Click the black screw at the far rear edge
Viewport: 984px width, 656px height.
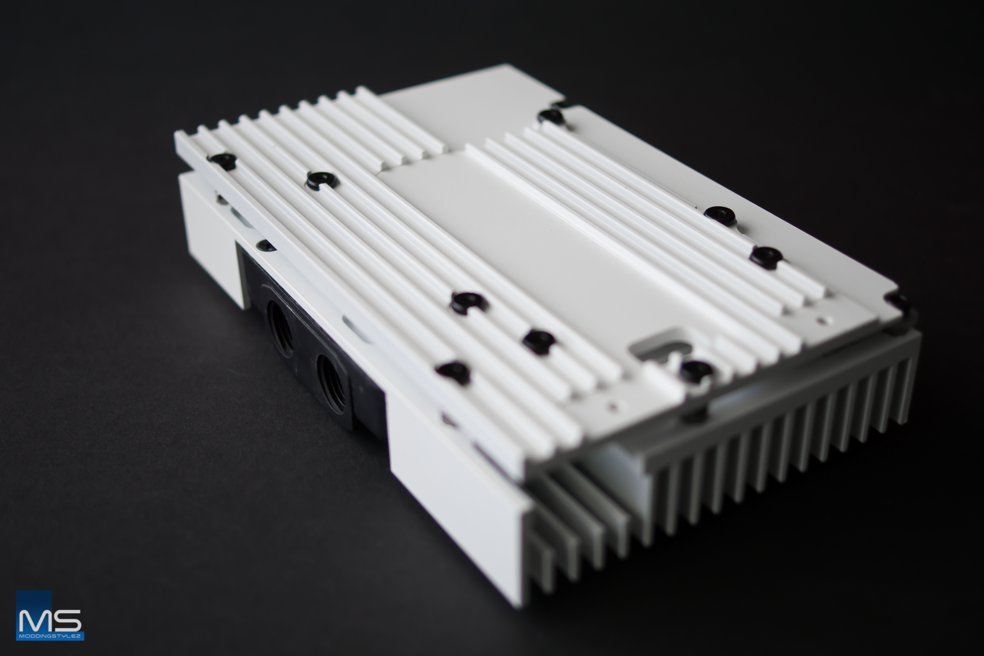551,115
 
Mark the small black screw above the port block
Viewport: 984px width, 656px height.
266,246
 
